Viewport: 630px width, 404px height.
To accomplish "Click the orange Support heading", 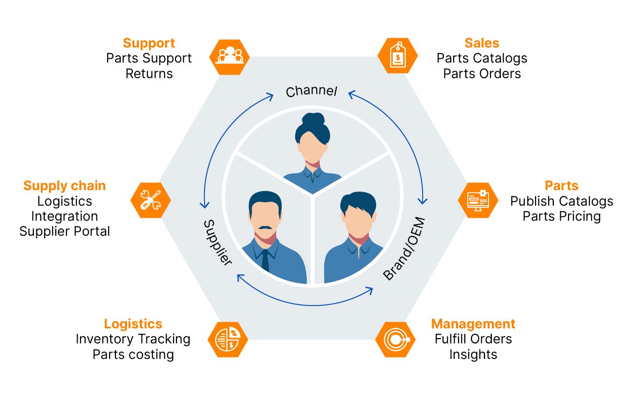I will click(x=149, y=43).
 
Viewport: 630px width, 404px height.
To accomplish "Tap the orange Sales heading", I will click(x=482, y=43).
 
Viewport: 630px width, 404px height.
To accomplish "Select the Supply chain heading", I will click(x=64, y=186).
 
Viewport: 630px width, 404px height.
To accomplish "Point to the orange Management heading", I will click(x=473, y=324).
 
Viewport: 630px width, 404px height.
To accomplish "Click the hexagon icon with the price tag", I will click(x=397, y=56).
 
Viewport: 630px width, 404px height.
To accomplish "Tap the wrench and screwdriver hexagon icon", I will click(x=151, y=200).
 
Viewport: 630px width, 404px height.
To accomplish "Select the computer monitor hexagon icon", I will click(x=478, y=200).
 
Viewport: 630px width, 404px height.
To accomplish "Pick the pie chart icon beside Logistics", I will click(x=228, y=339).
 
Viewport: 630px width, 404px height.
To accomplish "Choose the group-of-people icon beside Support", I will click(x=230, y=56).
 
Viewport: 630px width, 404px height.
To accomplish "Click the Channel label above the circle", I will click(x=311, y=91).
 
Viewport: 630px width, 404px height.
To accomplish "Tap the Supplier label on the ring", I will click(x=217, y=242).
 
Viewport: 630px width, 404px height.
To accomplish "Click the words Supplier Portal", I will click(x=64, y=231).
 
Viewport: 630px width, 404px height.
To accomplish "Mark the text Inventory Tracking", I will click(x=133, y=339).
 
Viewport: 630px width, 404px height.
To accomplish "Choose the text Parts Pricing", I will click(x=562, y=216).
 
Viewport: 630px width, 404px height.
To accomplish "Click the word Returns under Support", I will click(x=149, y=74).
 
